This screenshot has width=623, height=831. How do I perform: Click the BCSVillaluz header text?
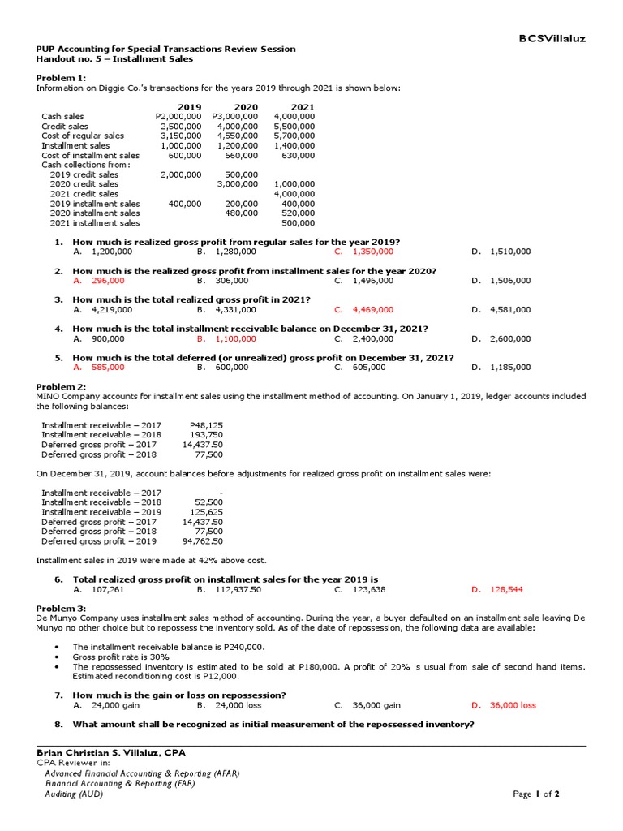[x=552, y=38]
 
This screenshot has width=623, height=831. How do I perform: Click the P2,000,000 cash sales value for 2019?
[x=178, y=117]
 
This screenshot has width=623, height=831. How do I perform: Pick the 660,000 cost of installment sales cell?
[x=241, y=156]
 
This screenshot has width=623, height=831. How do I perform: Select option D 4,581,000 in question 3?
[x=510, y=310]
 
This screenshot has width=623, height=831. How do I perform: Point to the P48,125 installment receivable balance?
[x=206, y=425]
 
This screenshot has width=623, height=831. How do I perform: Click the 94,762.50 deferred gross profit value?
[x=202, y=541]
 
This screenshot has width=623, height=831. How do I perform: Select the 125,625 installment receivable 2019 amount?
[x=206, y=512]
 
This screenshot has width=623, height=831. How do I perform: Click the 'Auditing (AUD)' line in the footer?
[x=74, y=794]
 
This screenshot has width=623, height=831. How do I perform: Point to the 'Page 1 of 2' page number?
[x=536, y=794]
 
